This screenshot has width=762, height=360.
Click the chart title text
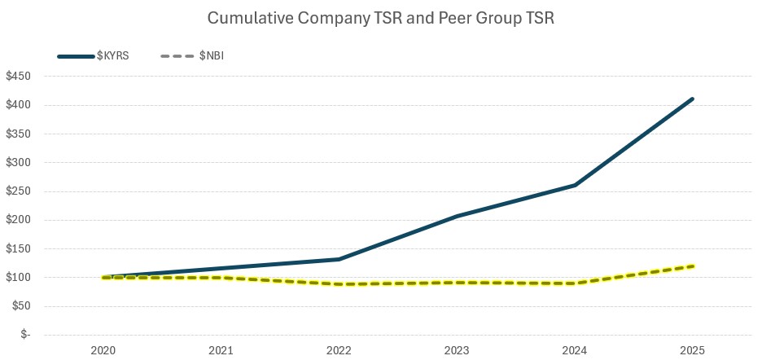(x=381, y=18)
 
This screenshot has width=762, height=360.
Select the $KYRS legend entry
(x=107, y=55)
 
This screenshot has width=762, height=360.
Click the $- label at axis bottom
(x=27, y=335)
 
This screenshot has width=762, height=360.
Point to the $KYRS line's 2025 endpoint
(x=693, y=99)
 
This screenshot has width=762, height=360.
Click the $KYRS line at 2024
(x=575, y=185)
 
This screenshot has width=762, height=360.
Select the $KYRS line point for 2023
(x=457, y=216)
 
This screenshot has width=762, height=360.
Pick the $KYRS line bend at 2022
(x=339, y=259)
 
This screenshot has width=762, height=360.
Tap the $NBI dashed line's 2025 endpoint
(x=693, y=266)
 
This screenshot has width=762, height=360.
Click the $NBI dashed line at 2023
(x=457, y=283)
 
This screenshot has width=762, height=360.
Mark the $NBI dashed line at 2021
(x=221, y=278)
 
